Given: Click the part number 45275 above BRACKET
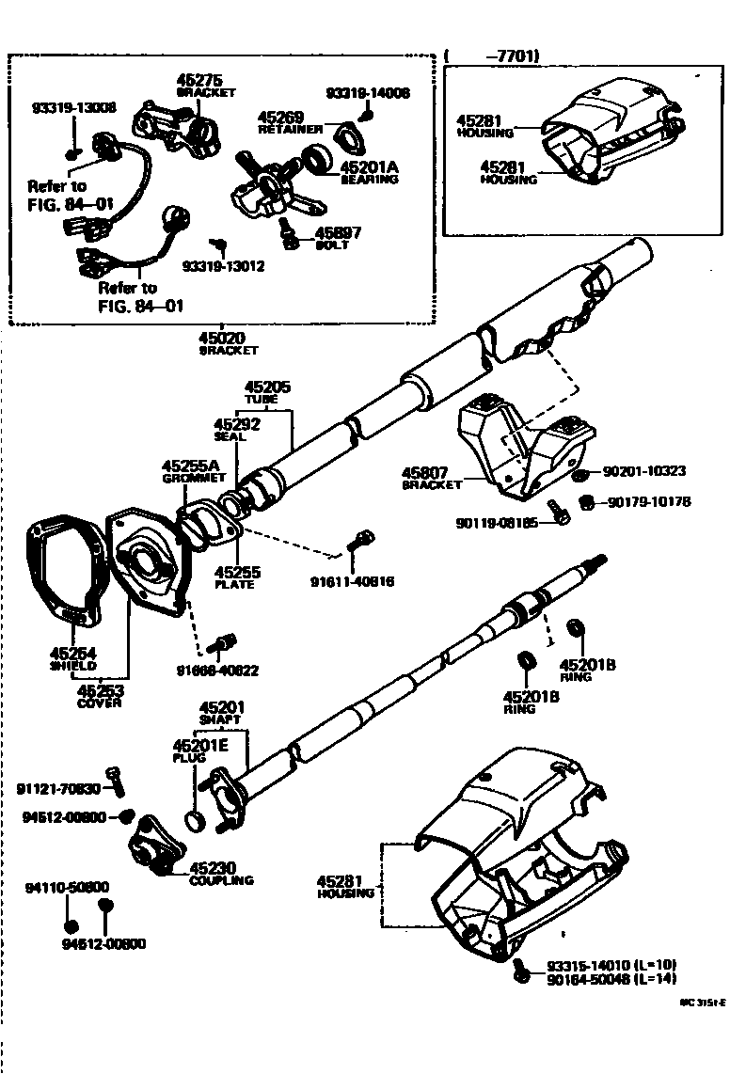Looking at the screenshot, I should click(x=202, y=81).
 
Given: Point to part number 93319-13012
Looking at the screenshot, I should click(x=223, y=266).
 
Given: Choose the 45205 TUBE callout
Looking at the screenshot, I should click(x=268, y=391).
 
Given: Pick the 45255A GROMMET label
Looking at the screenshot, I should click(x=190, y=470).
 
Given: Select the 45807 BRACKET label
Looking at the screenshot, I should click(x=432, y=479).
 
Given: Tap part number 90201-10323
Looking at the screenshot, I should click(x=643, y=471).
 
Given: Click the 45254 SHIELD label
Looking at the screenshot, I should click(x=73, y=658).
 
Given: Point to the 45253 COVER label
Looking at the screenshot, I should click(x=100, y=696).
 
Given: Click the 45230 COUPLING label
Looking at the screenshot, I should click(x=220, y=874).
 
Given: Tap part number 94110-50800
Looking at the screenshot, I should click(x=67, y=887).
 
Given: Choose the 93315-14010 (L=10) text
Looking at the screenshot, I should click(x=611, y=965).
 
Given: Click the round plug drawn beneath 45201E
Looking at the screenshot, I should click(x=196, y=820).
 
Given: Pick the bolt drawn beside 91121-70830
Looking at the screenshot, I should click(x=116, y=781).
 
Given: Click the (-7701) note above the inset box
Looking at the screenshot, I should click(x=493, y=56).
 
